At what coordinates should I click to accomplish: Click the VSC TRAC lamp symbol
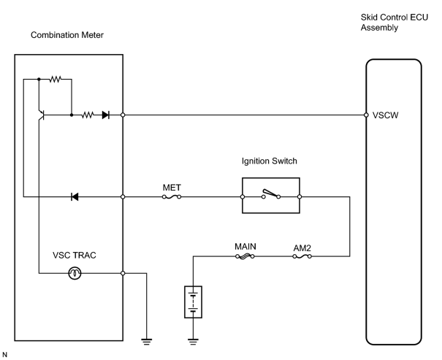(x=75, y=273)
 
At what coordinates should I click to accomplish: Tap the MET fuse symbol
(x=172, y=197)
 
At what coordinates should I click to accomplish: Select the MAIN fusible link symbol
(x=245, y=256)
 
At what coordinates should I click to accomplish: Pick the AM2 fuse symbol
(x=302, y=256)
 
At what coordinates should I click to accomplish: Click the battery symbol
(x=193, y=302)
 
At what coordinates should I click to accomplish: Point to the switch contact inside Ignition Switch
(x=271, y=194)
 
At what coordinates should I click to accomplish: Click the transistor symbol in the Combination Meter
(x=41, y=115)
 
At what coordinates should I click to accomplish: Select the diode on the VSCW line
(x=106, y=115)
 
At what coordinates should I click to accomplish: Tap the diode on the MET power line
(x=75, y=196)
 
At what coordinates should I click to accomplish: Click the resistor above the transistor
(x=56, y=80)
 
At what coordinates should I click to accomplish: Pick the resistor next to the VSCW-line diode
(x=88, y=115)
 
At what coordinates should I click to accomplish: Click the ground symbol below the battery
(x=193, y=342)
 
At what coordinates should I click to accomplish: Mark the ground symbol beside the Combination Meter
(x=147, y=342)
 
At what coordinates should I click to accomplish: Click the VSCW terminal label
(x=385, y=115)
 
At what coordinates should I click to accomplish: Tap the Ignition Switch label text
(x=269, y=161)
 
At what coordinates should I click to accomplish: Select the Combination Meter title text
(x=67, y=35)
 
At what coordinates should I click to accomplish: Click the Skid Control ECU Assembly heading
(x=395, y=23)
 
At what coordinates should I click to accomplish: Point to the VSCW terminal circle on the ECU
(x=366, y=115)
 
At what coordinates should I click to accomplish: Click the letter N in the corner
(x=5, y=355)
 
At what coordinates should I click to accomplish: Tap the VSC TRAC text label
(x=75, y=255)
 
